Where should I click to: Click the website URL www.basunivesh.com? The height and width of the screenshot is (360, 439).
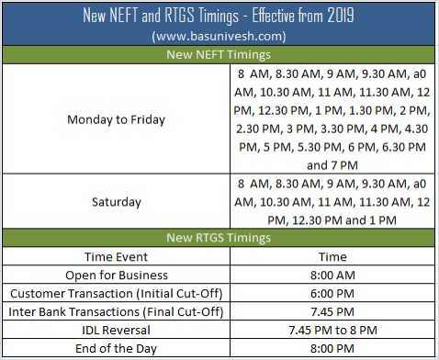coord(218,36)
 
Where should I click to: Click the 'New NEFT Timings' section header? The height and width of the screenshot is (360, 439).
coord(218,55)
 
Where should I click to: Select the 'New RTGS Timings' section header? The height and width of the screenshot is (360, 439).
coord(218,238)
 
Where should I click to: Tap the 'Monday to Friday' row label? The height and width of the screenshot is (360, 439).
coord(117,118)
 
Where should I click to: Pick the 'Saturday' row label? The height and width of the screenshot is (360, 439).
coord(117,201)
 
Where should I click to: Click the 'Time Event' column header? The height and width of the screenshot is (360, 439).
coord(117,256)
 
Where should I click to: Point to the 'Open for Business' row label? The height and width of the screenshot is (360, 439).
coord(117,275)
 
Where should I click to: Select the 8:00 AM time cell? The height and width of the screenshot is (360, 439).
coord(332,275)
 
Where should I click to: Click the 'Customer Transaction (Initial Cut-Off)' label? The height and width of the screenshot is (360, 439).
coord(117,293)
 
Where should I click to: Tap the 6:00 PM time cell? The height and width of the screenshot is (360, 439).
coord(332,293)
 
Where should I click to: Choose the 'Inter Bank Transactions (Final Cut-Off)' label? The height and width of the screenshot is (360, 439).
coord(117,311)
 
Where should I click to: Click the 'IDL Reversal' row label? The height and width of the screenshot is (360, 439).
coord(117,330)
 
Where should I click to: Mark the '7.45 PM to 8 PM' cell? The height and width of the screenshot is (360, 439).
coord(332,330)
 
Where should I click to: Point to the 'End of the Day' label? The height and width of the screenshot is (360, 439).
coord(117,348)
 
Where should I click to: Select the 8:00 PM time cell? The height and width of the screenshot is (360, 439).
coord(332,348)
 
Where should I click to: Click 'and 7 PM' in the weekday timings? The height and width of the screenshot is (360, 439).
coord(332,165)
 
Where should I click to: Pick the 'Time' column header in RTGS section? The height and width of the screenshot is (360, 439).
coord(332,256)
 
